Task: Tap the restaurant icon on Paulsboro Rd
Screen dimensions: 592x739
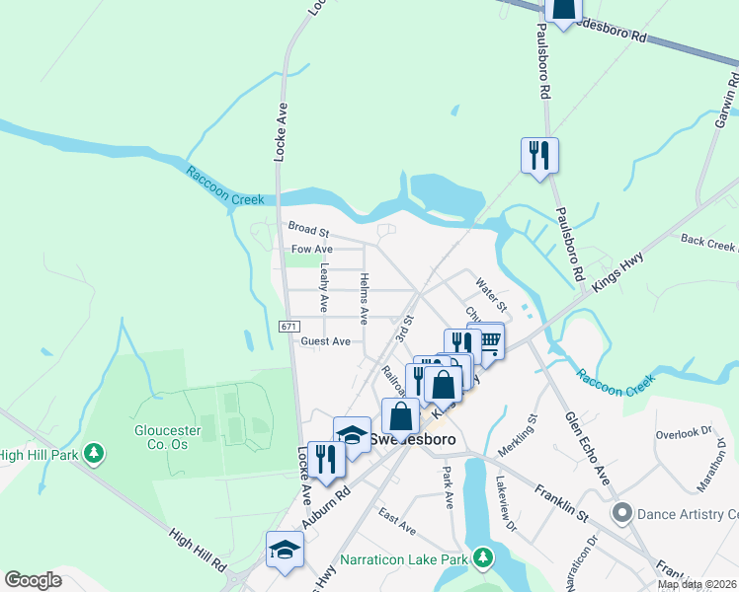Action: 539,155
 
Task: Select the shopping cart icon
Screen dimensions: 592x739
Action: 486,340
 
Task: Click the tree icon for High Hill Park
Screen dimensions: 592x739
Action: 94,453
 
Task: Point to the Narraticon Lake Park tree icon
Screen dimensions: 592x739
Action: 483,559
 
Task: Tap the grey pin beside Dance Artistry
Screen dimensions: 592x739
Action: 621,513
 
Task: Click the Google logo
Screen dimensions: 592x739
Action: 34,580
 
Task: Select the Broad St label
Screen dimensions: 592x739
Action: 306,227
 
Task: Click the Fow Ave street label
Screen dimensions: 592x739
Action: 311,250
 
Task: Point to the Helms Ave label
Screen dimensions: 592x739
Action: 365,299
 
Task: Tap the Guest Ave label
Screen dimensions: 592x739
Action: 326,341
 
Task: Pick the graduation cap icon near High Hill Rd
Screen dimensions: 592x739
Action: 284,550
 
